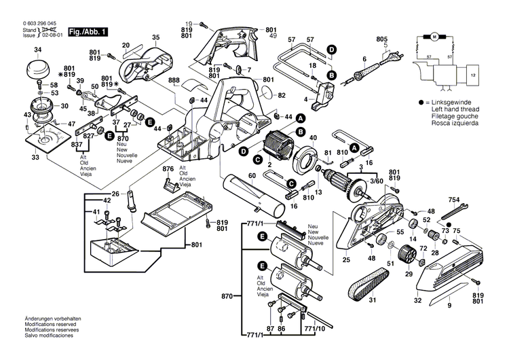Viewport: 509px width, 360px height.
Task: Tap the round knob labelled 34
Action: (x=37, y=69)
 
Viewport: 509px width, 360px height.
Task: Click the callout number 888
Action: (x=174, y=81)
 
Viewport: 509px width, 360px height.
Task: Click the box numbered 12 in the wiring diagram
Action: (x=474, y=73)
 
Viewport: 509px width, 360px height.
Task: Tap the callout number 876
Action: (x=168, y=168)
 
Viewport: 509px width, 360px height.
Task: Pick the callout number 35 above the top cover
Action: (x=155, y=37)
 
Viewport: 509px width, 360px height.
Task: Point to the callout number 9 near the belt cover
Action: (x=449, y=306)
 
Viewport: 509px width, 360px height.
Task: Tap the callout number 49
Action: (x=274, y=35)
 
